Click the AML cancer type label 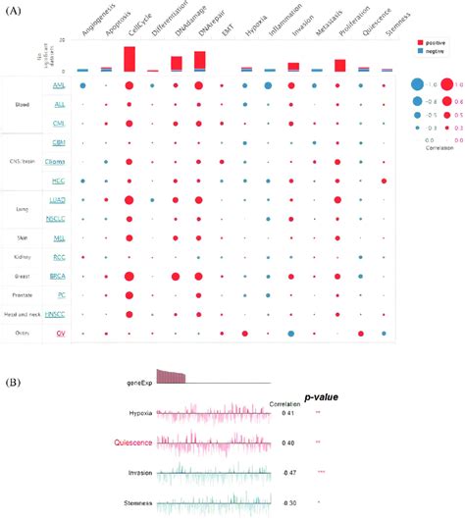(61, 86)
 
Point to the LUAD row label (60, 200)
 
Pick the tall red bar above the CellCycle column (129, 59)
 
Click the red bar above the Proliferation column (339, 66)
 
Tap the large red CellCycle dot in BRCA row (129, 277)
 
